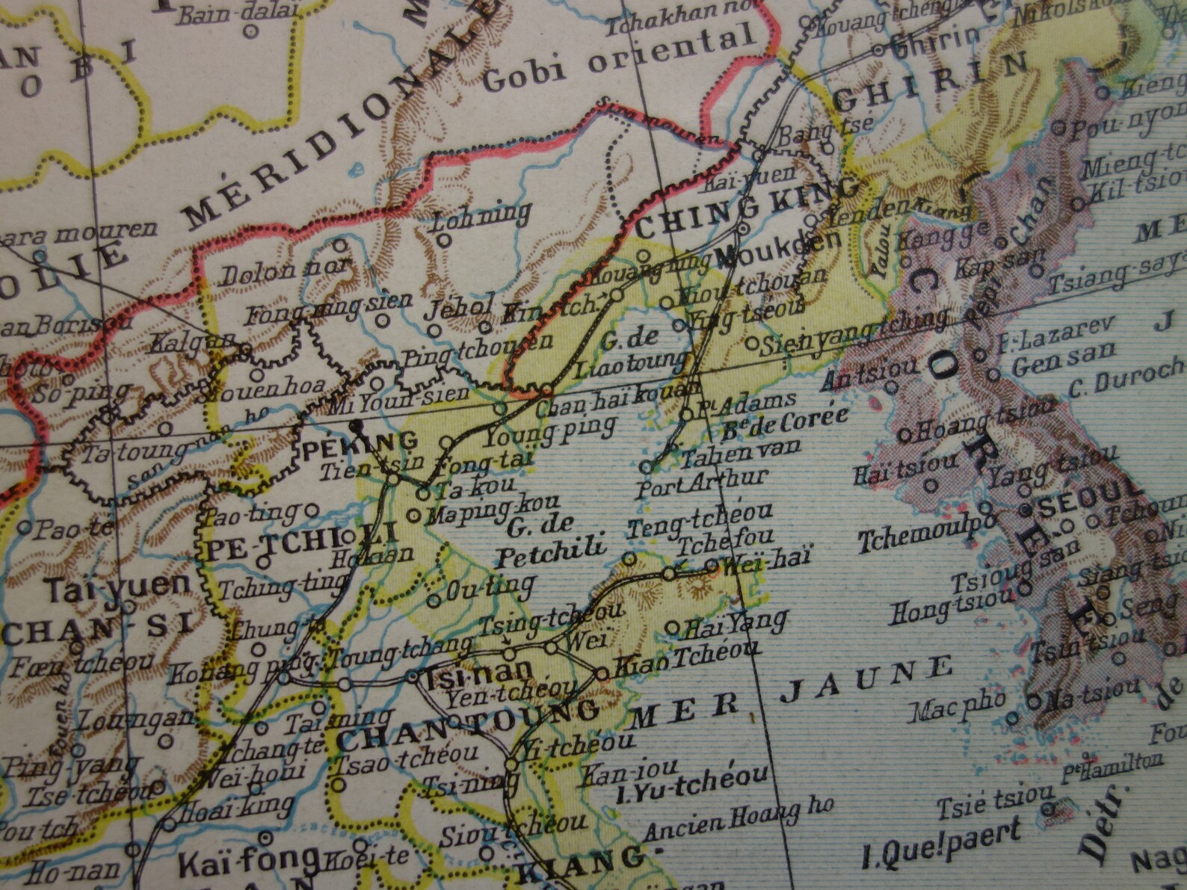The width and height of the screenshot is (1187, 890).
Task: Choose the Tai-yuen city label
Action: tap(117, 587)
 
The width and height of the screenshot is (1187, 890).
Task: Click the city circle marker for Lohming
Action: tap(443, 241)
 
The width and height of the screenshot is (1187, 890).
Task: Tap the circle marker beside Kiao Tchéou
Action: tap(602, 674)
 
